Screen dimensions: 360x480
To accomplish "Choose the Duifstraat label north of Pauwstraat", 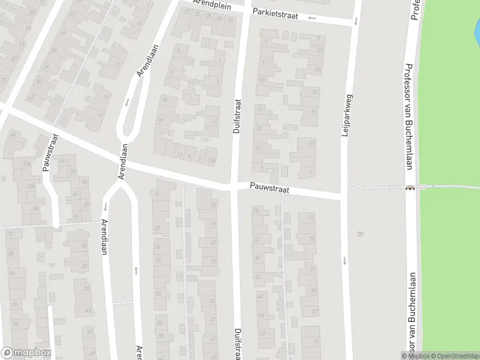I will point(236,116).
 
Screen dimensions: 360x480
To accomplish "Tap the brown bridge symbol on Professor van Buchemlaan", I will point(410,187).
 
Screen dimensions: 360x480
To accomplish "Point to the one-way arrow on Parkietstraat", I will point(312,17).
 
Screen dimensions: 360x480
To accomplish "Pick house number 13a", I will point(210,160).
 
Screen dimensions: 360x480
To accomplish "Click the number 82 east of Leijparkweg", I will point(361,233).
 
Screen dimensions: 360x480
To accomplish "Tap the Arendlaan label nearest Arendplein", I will point(143,62).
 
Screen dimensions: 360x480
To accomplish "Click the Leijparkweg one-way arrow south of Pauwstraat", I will point(345,260).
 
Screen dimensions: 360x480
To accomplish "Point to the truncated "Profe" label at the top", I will point(414,10).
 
